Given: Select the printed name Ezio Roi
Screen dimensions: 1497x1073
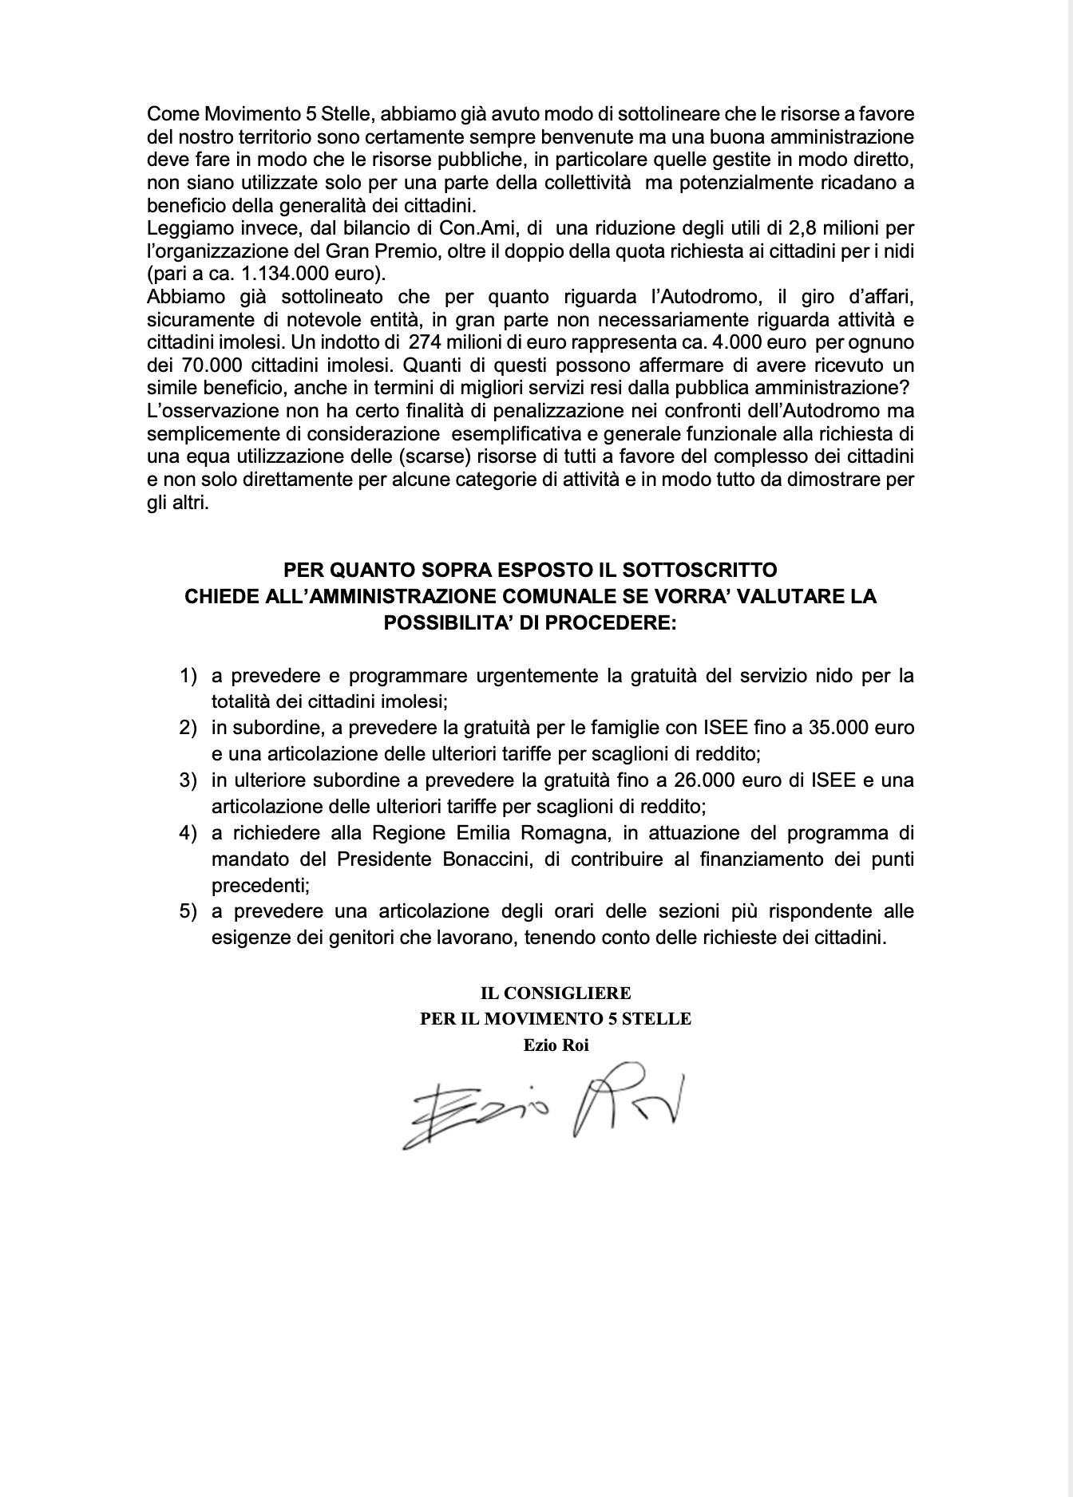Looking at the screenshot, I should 556,1045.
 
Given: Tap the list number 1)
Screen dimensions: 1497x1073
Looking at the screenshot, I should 188,676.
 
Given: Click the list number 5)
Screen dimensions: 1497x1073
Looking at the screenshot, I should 188,910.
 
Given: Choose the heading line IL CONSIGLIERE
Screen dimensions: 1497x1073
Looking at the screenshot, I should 556,993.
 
